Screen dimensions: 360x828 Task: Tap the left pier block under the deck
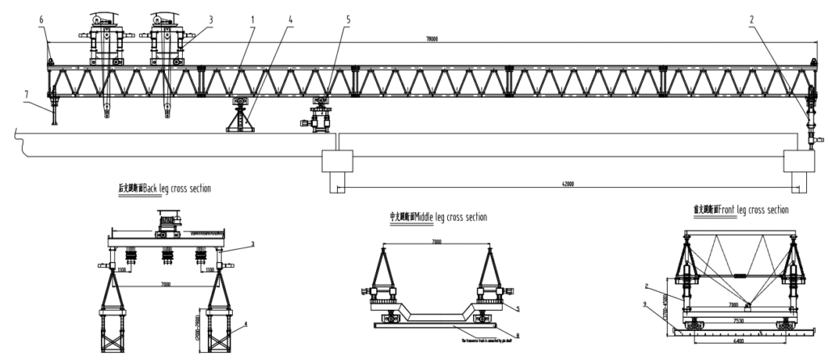point(337,161)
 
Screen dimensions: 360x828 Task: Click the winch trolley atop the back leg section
point(169,218)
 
